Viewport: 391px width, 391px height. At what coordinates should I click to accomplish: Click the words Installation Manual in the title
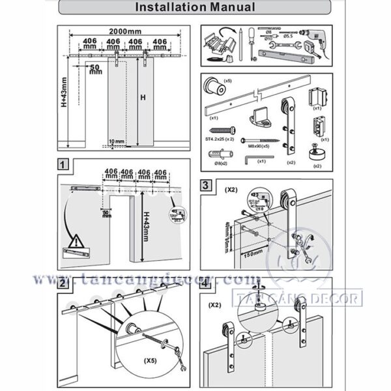195,8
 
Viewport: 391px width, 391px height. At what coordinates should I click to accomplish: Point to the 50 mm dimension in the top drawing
95,68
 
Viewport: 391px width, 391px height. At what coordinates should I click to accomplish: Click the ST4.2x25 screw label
218,139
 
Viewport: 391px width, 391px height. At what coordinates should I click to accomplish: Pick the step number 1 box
63,165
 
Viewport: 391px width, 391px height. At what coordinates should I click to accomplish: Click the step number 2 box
63,283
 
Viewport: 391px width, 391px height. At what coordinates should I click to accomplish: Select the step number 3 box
205,185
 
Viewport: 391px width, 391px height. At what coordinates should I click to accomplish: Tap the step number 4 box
205,284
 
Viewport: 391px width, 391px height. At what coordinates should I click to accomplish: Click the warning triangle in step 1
76,239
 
